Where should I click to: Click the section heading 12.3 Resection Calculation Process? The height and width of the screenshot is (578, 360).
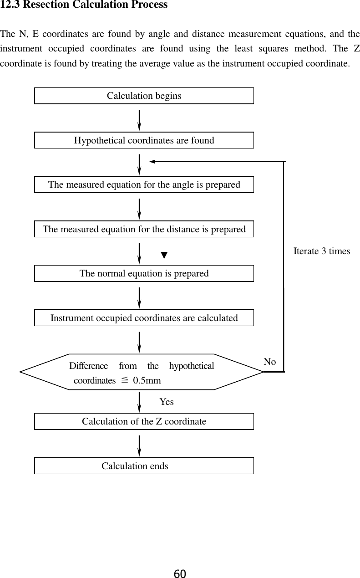(x=84, y=5)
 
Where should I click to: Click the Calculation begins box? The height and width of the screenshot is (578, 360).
(x=144, y=96)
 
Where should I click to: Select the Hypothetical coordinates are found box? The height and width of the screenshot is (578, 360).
(x=144, y=140)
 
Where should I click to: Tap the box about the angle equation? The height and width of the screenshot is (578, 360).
(x=144, y=184)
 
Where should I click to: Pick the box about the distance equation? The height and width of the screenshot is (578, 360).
(x=144, y=229)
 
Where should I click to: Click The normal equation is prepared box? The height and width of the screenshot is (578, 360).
(x=144, y=273)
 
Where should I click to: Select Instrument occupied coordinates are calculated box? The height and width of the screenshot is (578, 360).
(x=144, y=318)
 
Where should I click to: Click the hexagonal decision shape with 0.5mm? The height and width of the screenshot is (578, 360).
(x=141, y=372)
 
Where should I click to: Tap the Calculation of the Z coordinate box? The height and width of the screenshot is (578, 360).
(x=144, y=421)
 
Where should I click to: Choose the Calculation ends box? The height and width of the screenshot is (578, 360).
(x=144, y=466)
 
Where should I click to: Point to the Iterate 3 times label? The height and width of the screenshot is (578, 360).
(x=322, y=251)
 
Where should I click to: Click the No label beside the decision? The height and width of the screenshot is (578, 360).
(x=270, y=362)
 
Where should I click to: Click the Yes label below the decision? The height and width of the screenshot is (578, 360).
(x=167, y=402)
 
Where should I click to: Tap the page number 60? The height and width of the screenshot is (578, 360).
(x=180, y=573)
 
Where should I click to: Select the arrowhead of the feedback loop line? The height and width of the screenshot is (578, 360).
(x=153, y=162)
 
